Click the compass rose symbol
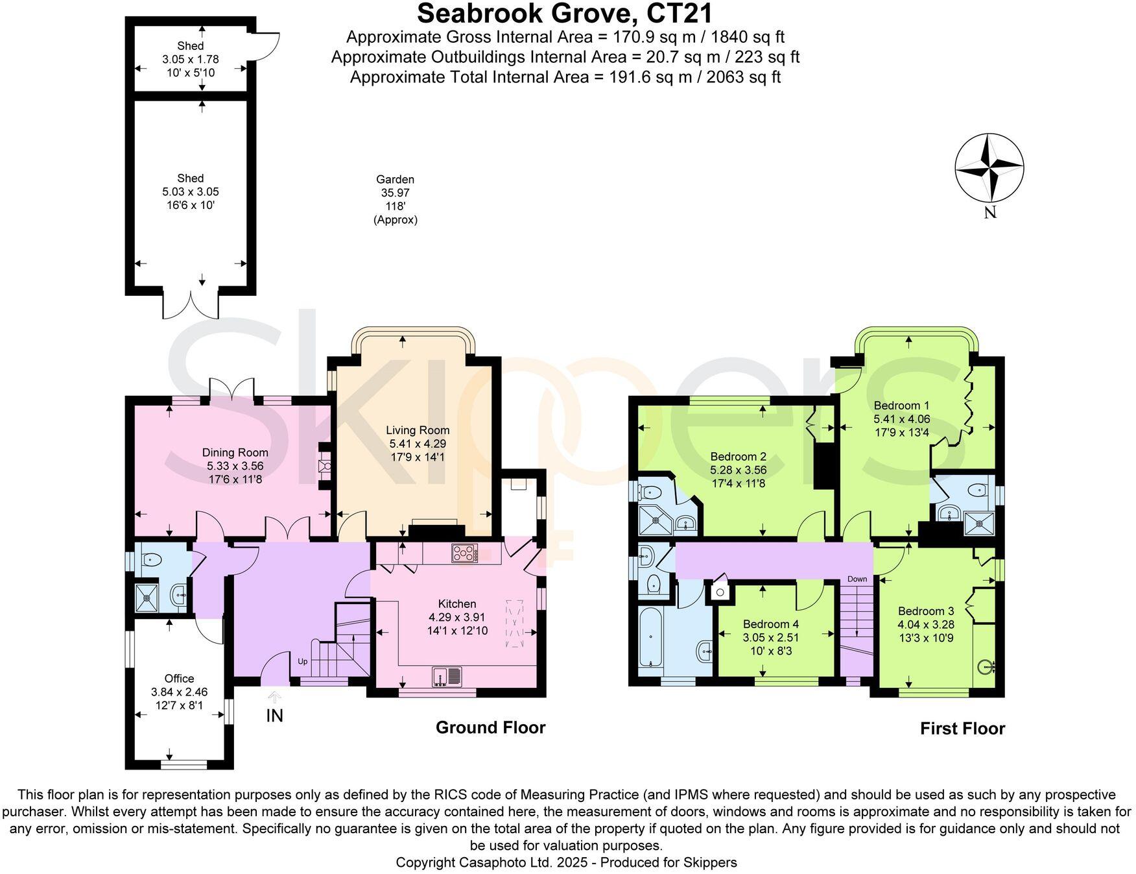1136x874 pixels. click(989, 167)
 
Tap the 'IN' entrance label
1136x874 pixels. click(275, 716)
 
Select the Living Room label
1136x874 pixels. click(418, 430)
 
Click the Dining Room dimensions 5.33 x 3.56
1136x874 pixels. click(235, 467)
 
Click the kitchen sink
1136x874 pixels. click(447, 677)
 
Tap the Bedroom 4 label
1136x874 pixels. click(770, 624)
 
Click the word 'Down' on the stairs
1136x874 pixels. click(857, 579)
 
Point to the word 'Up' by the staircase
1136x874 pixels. click(302, 661)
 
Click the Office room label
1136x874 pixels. click(179, 679)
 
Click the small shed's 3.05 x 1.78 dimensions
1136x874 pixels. click(191, 59)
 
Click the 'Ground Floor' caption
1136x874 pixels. click(490, 727)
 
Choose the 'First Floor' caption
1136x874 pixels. click(962, 729)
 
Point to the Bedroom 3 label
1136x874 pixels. click(925, 611)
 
